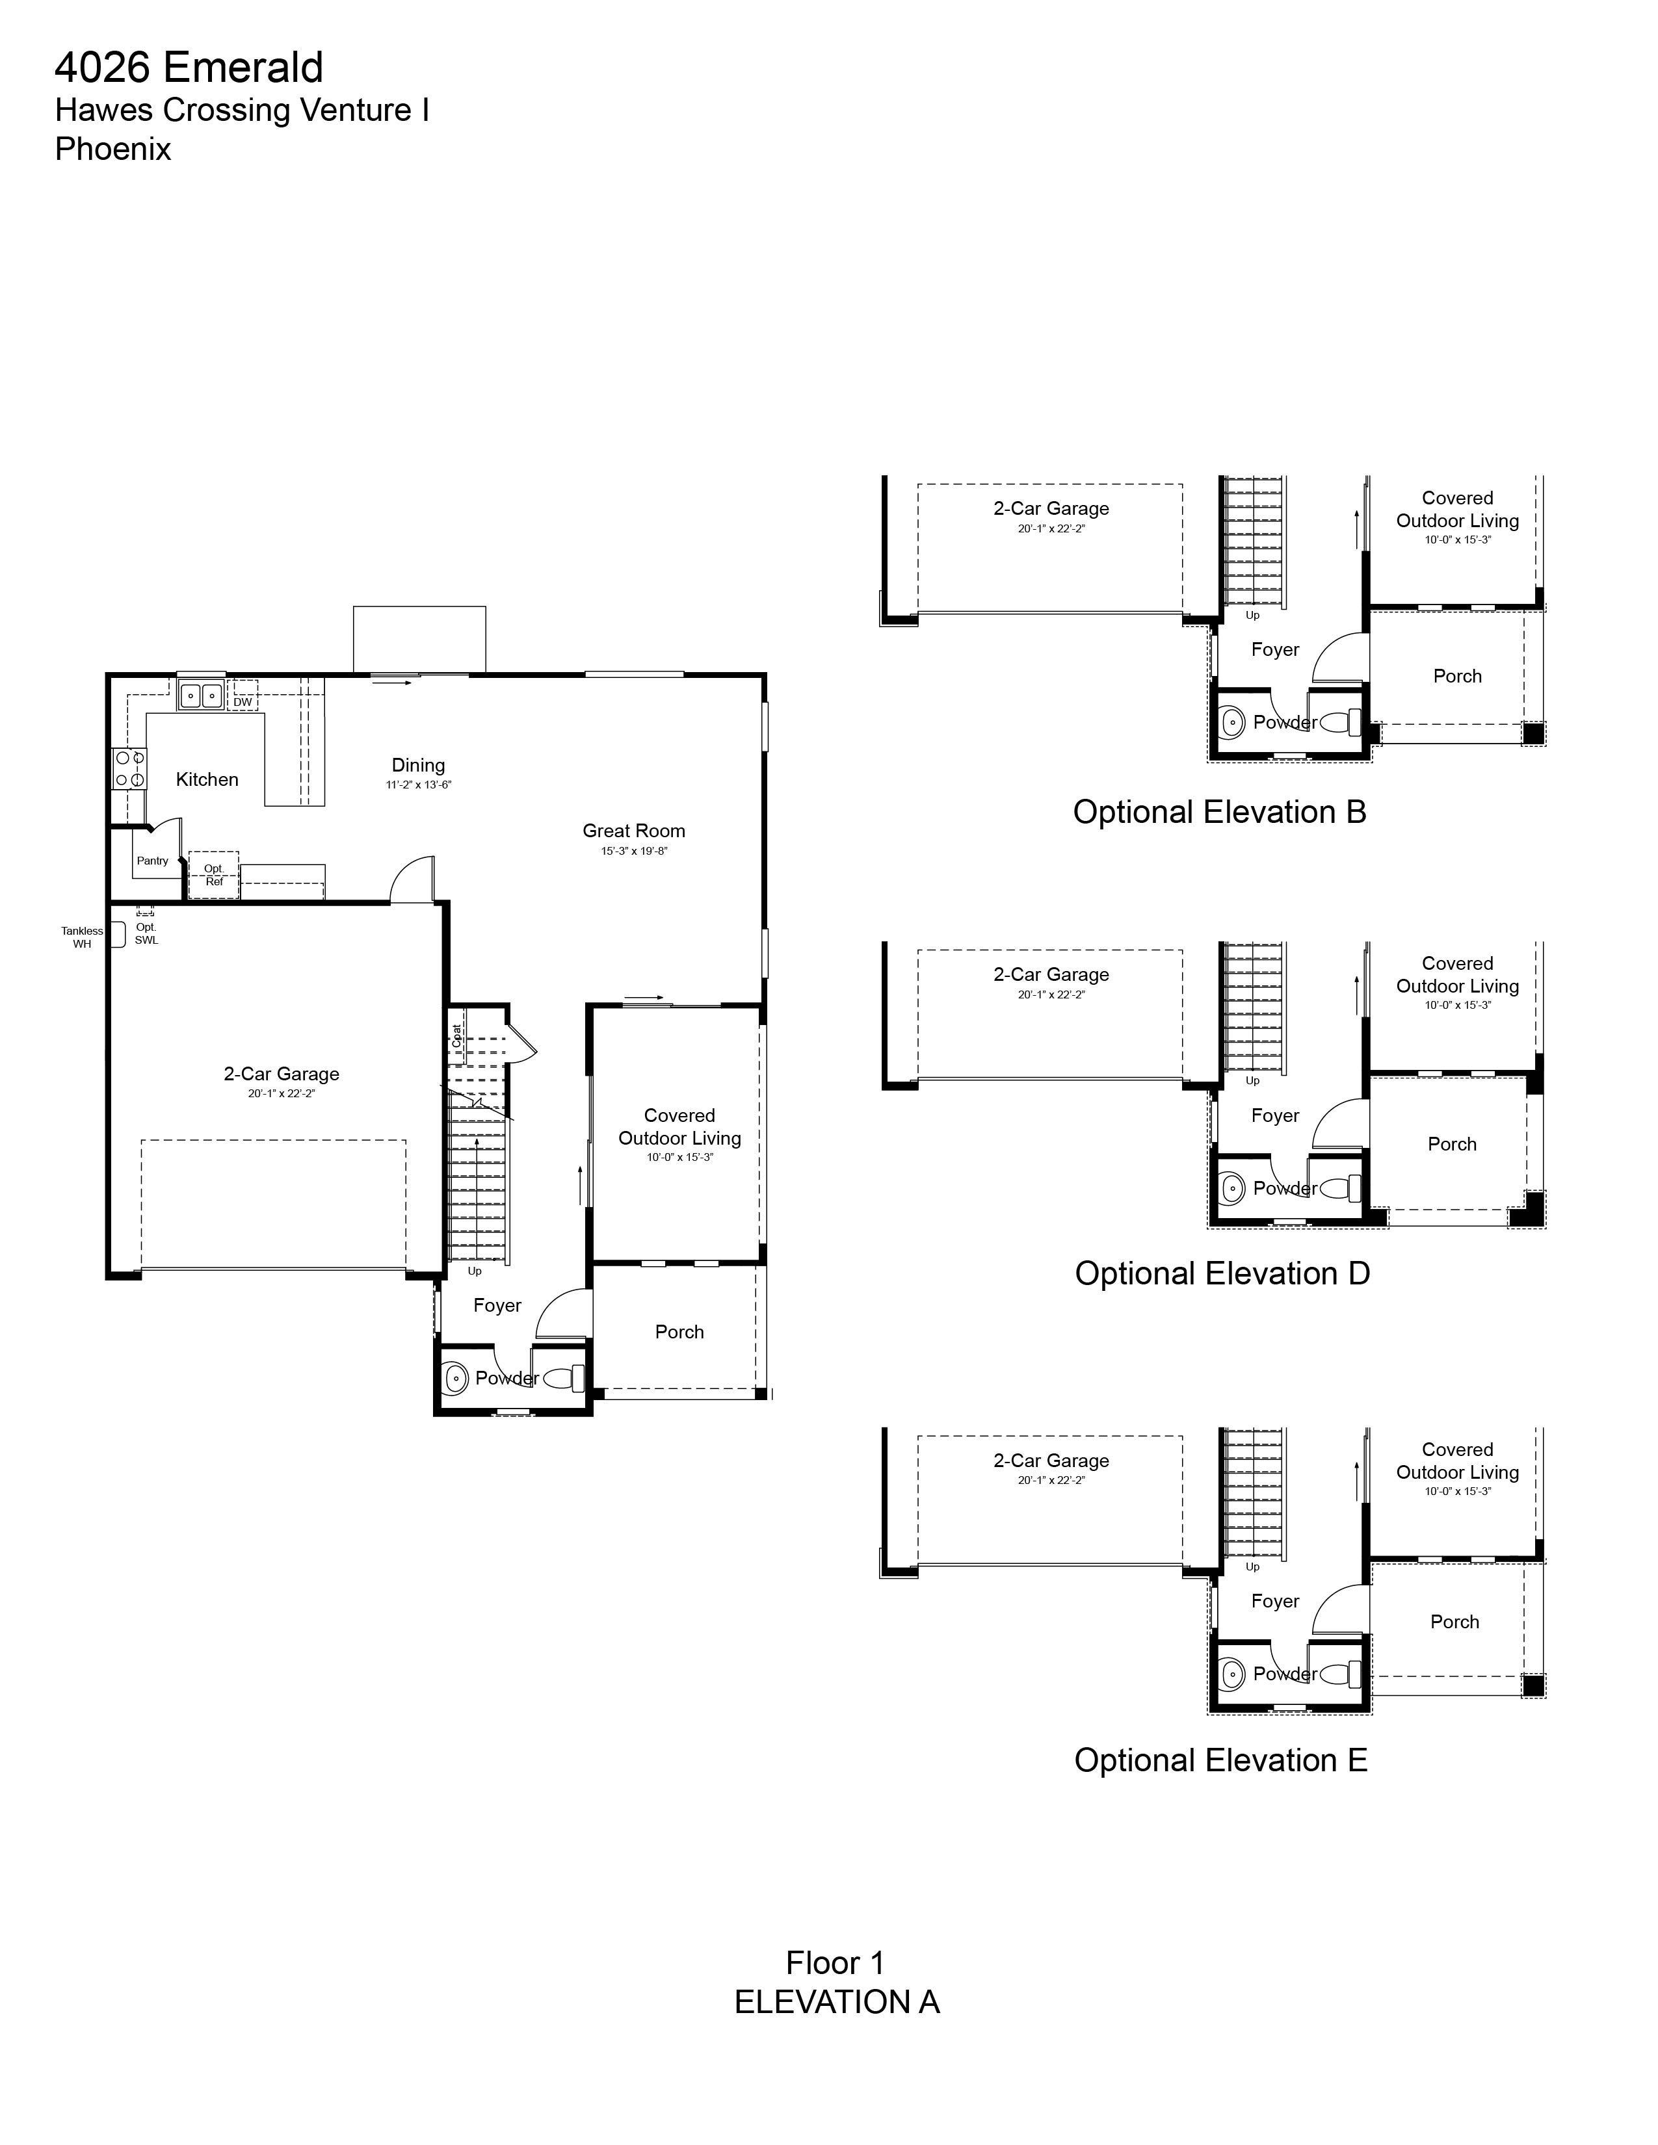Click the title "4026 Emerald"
(189, 68)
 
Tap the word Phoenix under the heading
(113, 149)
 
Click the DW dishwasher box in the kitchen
(243, 701)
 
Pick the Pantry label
(152, 861)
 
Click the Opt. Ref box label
(214, 875)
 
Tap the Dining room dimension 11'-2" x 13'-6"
(419, 785)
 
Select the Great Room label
(633, 831)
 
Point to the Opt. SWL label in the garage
(146, 933)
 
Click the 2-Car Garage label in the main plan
(282, 1074)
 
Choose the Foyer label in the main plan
(497, 1305)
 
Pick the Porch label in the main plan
(679, 1332)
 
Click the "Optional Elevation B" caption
(1220, 812)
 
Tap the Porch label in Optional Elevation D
(1452, 1144)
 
